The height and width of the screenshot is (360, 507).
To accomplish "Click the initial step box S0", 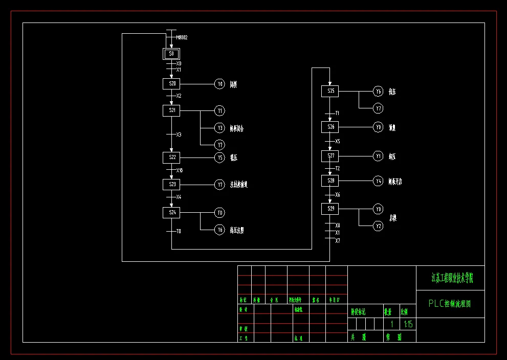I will (x=171, y=54).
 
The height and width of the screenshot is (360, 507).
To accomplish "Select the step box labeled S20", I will (x=171, y=84).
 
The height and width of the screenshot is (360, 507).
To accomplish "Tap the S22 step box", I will (x=171, y=157).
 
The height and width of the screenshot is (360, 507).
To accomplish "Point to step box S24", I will (x=171, y=212).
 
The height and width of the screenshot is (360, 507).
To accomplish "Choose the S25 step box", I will (x=330, y=91).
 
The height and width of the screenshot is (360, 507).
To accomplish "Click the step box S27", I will (x=330, y=156).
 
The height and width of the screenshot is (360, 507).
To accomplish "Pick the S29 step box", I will (x=330, y=209).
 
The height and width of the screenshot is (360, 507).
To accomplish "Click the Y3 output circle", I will (x=219, y=128).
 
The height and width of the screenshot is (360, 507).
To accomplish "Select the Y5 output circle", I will (x=219, y=157).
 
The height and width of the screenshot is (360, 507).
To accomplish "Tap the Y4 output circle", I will (x=378, y=181).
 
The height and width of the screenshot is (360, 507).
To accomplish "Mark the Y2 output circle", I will (x=378, y=226).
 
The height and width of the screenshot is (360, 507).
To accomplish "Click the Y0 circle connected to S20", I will (x=219, y=84).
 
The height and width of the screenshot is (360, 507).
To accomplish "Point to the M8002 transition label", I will (x=182, y=37).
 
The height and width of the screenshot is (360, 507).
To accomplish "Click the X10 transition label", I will (x=180, y=170).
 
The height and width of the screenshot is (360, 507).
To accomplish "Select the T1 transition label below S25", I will (x=337, y=113).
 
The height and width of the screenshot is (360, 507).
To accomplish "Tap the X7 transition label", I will (x=338, y=240).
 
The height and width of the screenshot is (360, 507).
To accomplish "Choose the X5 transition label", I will (x=338, y=141).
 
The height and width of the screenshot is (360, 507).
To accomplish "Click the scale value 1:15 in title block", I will (x=408, y=324).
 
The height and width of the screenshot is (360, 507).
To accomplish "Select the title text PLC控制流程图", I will (x=450, y=304).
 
